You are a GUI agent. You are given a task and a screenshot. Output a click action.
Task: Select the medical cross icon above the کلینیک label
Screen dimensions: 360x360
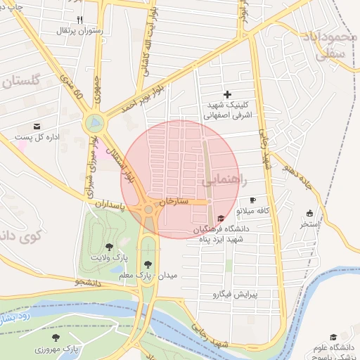click(x=226, y=94)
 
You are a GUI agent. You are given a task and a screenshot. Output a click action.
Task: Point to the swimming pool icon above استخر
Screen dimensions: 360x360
click(x=309, y=213)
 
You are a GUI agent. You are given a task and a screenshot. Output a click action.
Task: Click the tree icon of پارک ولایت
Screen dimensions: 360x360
click(x=108, y=247)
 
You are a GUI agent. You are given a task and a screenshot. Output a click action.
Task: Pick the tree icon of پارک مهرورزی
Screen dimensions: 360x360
click(x=56, y=338)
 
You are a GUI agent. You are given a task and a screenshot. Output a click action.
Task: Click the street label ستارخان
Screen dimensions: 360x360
click(x=174, y=201)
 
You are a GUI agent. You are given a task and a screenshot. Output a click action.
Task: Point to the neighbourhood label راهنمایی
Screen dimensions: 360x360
click(x=225, y=181)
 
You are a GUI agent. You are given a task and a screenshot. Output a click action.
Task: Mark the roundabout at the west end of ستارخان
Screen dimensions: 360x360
click(x=148, y=209)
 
